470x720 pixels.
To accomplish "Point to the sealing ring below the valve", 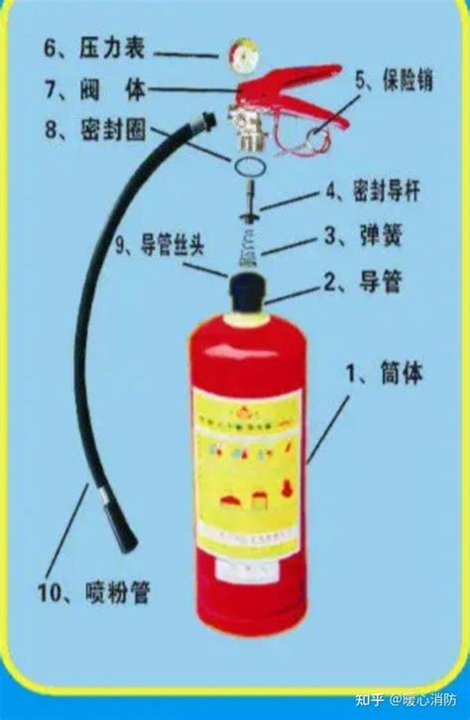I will coord(248,160).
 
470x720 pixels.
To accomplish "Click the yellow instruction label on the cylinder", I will coord(244,466).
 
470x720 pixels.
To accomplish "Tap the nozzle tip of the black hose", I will coord(126,540).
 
